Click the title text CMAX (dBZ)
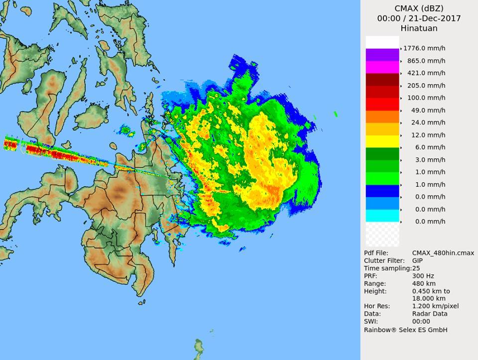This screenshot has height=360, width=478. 419,8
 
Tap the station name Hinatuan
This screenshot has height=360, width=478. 419,28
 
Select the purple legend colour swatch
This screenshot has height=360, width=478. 382,55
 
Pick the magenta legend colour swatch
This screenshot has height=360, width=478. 382,67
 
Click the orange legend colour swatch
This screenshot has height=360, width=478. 382,117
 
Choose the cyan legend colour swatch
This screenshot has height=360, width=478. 382,216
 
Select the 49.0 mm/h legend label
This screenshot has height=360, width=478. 427,110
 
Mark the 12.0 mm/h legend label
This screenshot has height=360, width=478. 427,135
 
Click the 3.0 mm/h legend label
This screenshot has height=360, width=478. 429,160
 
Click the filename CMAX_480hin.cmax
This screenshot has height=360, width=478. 443,253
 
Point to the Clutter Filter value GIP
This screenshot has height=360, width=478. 418,260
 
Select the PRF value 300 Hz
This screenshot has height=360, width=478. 423,276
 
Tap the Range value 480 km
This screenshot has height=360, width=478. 424,283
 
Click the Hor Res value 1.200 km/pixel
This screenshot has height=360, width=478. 435,306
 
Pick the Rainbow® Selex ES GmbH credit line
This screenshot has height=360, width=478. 405,330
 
